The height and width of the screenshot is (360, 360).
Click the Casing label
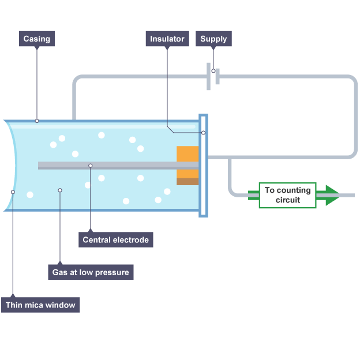37,39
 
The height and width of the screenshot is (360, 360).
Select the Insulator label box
167,39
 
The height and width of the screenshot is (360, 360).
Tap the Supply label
213,39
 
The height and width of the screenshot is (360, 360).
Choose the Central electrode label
116,239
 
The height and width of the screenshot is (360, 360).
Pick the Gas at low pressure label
91,272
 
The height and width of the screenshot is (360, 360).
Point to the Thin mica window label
40,305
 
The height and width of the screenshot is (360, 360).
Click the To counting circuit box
288,195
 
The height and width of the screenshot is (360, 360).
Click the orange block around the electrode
187,162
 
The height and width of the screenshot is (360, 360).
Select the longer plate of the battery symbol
208,77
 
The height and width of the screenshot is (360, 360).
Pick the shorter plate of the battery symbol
217,77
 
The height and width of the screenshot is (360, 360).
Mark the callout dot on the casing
37,121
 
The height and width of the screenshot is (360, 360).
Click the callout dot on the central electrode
91,166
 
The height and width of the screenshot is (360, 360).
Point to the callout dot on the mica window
13,192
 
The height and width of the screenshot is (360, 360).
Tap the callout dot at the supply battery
213,71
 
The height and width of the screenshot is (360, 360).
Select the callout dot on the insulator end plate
203,133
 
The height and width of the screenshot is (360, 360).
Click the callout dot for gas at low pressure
60,190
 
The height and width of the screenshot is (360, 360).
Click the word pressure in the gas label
112,272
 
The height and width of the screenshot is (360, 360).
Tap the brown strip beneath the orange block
187,182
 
